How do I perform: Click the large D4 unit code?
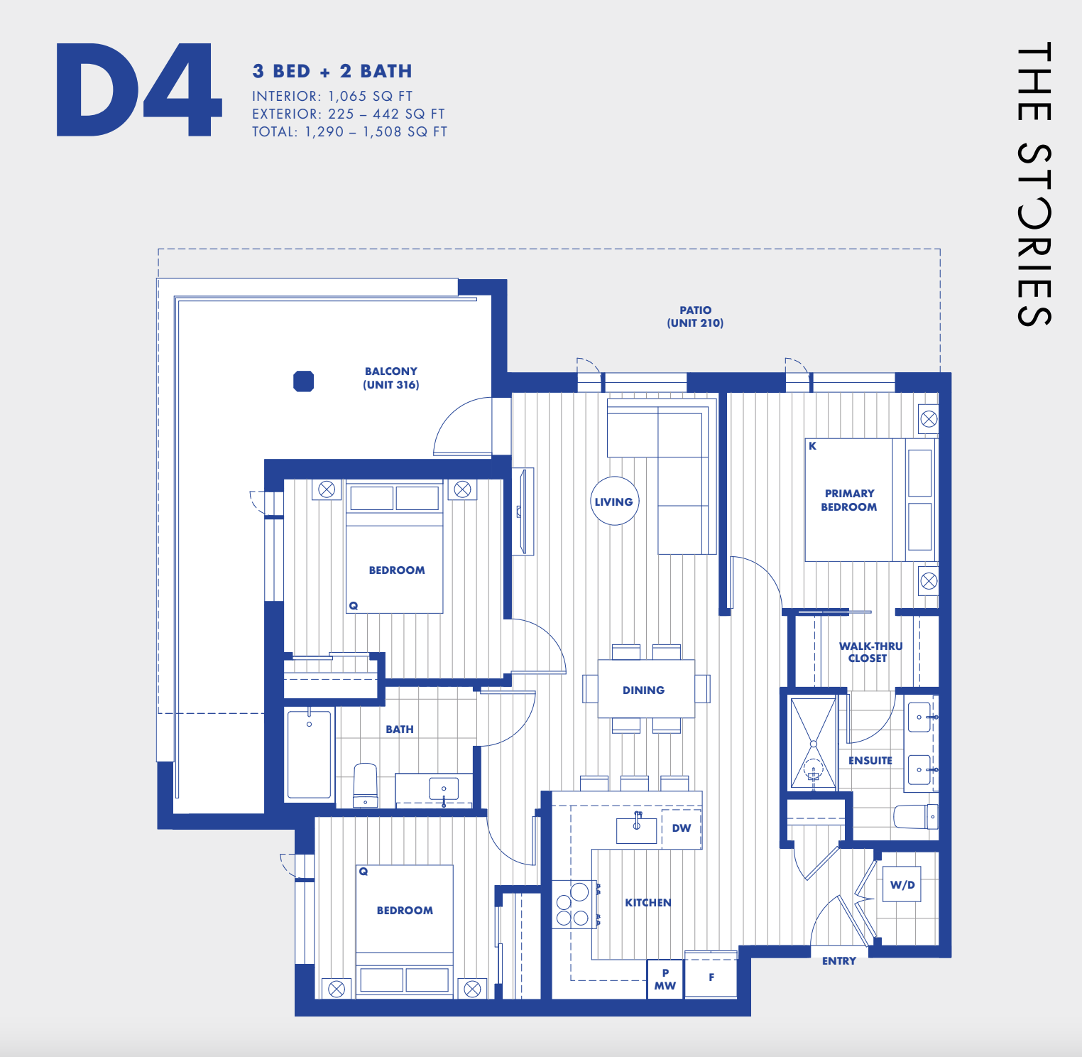point(139,90)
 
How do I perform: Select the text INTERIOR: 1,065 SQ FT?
point(332,96)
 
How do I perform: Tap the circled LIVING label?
point(614,502)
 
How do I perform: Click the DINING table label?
point(644,690)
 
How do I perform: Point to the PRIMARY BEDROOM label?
point(849,500)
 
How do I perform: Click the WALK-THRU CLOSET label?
point(870,652)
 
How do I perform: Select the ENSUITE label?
point(870,760)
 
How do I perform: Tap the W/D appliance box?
point(902,884)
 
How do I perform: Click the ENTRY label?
point(839,960)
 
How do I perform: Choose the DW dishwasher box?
point(681,828)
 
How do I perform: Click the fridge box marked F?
point(711,977)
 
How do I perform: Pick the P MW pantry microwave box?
point(665,980)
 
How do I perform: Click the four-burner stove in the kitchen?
point(573,904)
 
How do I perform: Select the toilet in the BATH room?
point(365,786)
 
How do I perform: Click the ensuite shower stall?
point(813,744)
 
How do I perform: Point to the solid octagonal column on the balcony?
point(304,381)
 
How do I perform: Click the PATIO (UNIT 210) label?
point(695,316)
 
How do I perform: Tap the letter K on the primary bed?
point(813,446)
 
